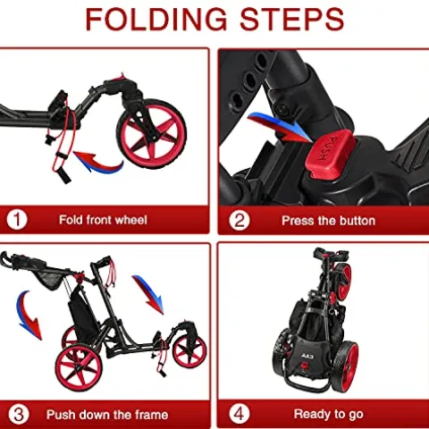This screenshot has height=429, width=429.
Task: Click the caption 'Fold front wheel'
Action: point(103,220)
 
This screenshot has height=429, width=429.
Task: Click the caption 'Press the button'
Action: point(328,220)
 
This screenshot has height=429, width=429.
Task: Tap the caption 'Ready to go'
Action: point(328,414)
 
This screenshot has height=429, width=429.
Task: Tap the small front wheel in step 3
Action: point(189,350)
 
